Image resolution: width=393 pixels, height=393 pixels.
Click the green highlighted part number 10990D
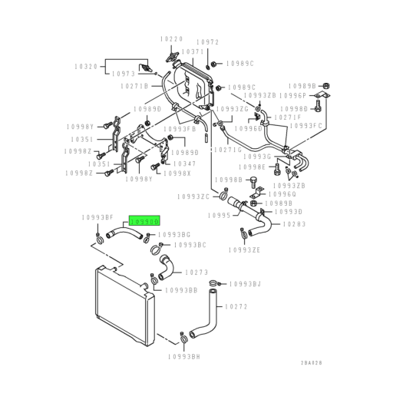tap(144, 220)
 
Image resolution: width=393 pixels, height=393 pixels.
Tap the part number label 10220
tap(172, 38)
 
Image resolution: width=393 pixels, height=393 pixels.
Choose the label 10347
tap(184, 163)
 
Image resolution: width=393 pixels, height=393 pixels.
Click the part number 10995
tap(221, 216)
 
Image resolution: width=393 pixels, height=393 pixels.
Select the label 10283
tap(295, 224)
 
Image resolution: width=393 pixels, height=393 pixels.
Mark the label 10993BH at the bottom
tap(183, 357)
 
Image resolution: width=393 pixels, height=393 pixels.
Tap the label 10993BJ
tap(246, 283)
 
